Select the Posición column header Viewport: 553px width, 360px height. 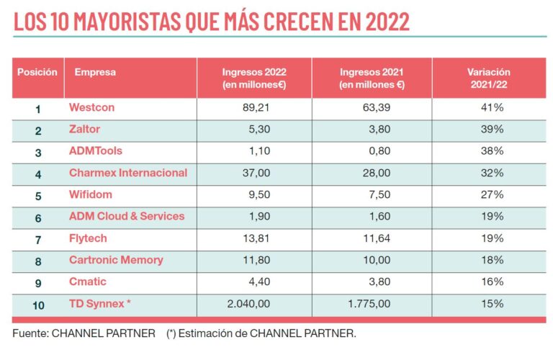pyautogui.click(x=37, y=72)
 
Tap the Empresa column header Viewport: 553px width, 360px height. pyautogui.click(x=95, y=72)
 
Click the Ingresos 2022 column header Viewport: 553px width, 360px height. pyautogui.click(x=253, y=78)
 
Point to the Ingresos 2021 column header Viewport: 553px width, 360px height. pyautogui.click(x=372, y=78)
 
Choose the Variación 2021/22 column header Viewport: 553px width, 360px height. pyautogui.click(x=488, y=78)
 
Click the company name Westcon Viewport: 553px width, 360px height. pyautogui.click(x=91, y=108)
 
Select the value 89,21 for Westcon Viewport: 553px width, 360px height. pyautogui.click(x=256, y=108)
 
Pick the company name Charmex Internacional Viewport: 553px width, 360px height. pyautogui.click(x=128, y=173)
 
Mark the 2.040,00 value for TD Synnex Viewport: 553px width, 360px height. pyautogui.click(x=248, y=304)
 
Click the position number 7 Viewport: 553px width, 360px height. pyautogui.click(x=37, y=239)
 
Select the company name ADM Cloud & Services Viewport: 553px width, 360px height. pyautogui.click(x=127, y=216)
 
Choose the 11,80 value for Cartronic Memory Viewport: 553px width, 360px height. pyautogui.click(x=256, y=260)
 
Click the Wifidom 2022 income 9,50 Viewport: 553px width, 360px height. pyautogui.click(x=258, y=194)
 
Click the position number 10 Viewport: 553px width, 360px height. pyautogui.click(x=38, y=305)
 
